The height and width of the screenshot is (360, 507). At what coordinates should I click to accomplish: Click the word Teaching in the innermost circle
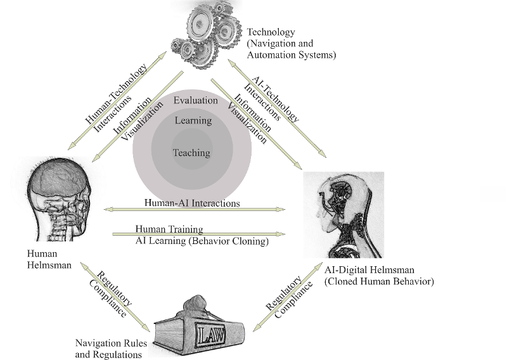point(191,153)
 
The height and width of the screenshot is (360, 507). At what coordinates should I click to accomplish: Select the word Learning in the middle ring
point(193,120)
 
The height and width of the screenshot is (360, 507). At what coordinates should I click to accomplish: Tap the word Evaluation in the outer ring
point(195,100)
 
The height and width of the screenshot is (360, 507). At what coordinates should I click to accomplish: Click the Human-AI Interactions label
point(192,203)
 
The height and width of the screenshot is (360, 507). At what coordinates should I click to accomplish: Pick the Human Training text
point(169,228)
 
